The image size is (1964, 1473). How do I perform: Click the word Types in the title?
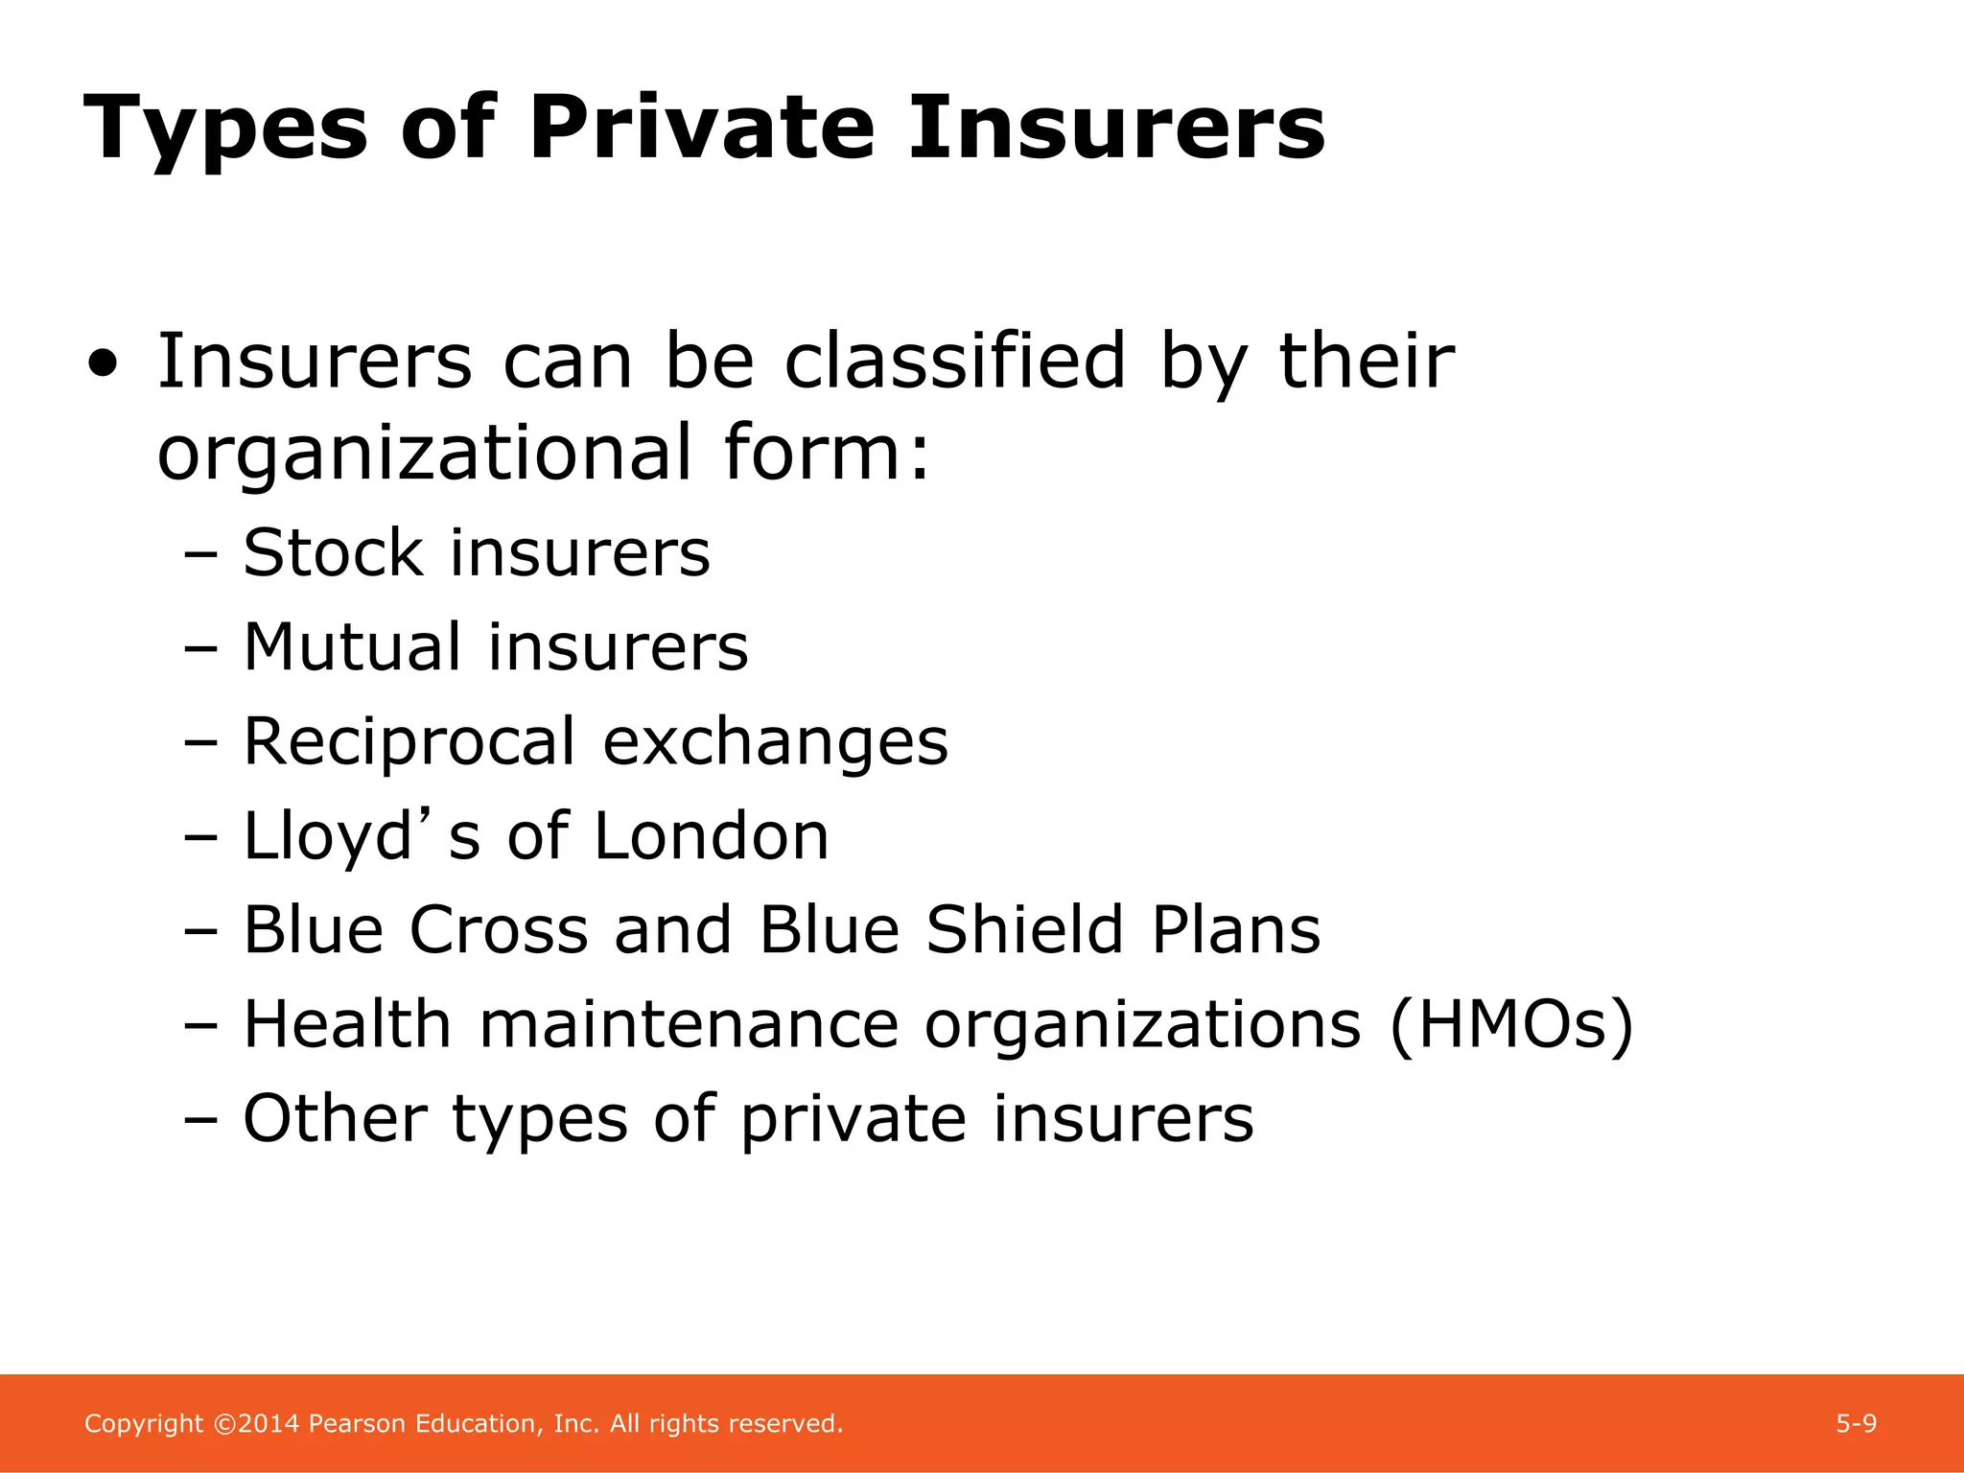tap(226, 130)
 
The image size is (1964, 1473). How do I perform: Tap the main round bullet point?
tap(104, 364)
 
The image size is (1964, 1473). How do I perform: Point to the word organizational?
tap(424, 453)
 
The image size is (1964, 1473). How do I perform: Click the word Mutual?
tap(351, 647)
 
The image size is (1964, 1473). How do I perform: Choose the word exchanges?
tap(775, 742)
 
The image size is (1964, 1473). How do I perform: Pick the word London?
tap(711, 836)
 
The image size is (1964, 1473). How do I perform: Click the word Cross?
tap(499, 930)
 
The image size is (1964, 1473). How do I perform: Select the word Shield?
tap(1024, 930)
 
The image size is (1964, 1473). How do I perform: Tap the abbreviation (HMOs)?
tap(1511, 1025)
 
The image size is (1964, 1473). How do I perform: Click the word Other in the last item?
tap(335, 1119)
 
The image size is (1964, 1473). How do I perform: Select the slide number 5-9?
tap(1857, 1424)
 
